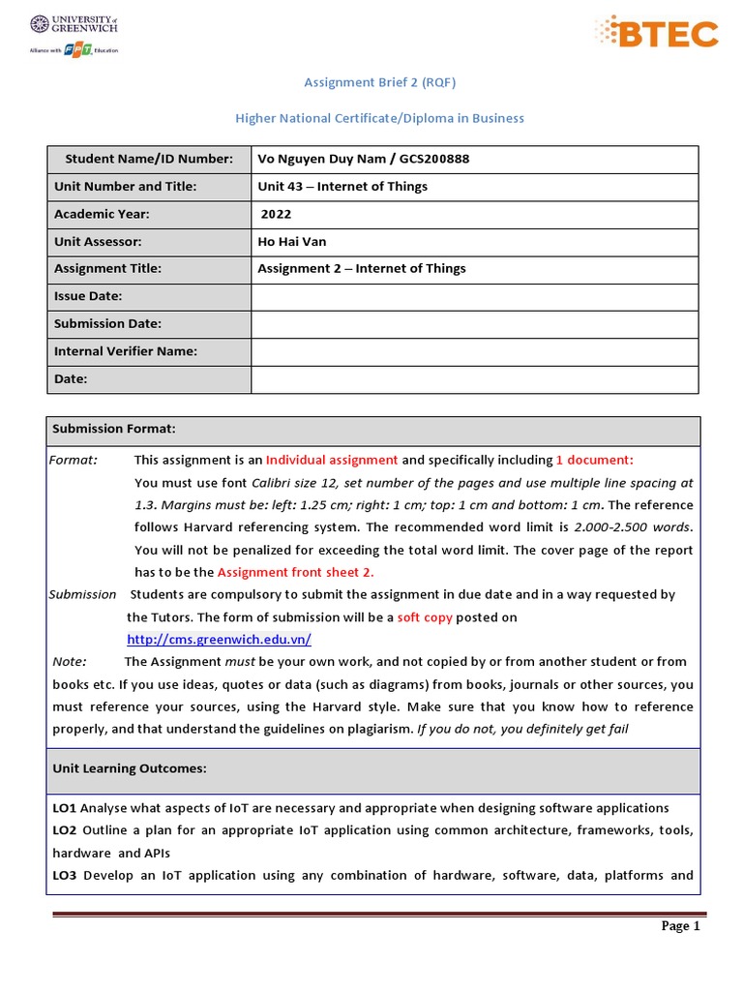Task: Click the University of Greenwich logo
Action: (74, 34)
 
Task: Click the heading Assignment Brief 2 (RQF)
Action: (379, 83)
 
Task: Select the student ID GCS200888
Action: (427, 159)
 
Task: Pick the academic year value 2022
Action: (277, 214)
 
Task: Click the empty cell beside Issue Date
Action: (474, 296)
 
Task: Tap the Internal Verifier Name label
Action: (126, 351)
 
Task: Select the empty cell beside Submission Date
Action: (474, 324)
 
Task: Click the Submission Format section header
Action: (114, 429)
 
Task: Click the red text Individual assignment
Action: (332, 460)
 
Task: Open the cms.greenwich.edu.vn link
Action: (219, 640)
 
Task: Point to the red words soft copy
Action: (425, 617)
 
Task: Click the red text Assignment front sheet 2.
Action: (296, 572)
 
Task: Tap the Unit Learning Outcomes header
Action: (129, 768)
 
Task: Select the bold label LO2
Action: (65, 830)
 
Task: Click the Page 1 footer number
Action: (680, 926)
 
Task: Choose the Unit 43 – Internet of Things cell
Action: (342, 186)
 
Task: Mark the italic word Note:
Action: (70, 662)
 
